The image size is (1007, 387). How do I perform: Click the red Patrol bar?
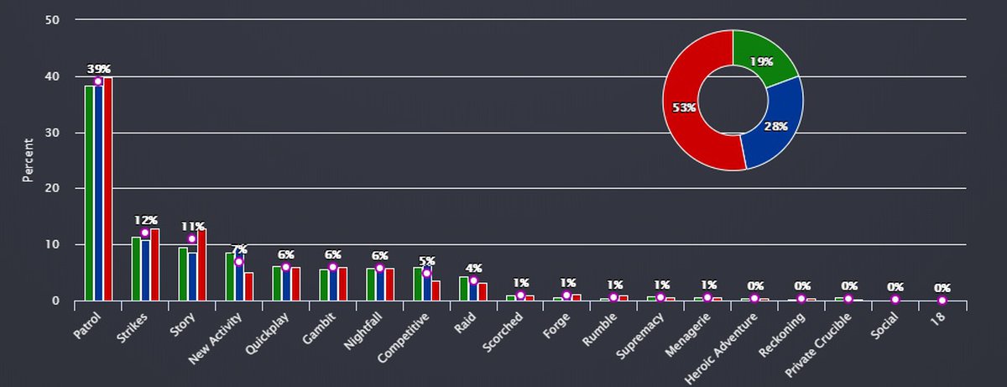click(108, 189)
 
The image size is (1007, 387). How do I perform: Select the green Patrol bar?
click(89, 193)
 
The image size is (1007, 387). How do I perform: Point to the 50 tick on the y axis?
click(52, 20)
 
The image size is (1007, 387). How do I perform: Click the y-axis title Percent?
click(28, 160)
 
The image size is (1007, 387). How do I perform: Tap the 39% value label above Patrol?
click(99, 69)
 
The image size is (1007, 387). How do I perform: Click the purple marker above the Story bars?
click(192, 238)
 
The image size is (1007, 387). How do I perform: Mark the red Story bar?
click(202, 265)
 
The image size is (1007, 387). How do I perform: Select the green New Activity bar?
click(230, 276)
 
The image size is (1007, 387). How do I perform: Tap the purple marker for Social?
click(895, 300)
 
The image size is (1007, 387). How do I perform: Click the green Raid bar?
click(464, 288)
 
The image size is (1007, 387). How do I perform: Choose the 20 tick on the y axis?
click(52, 189)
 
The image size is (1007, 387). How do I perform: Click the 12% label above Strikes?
click(146, 220)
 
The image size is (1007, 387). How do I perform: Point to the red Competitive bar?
click(436, 290)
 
